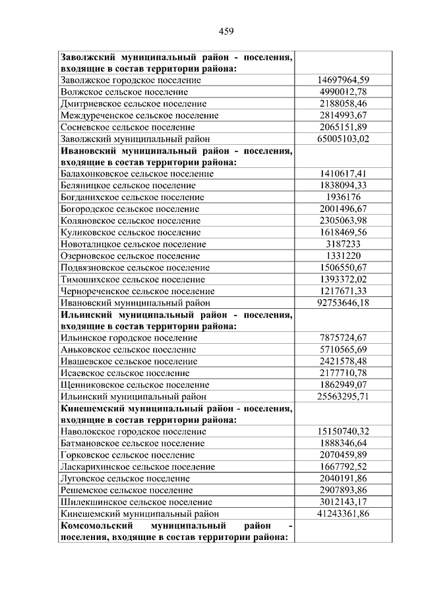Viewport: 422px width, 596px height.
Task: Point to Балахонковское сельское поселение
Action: pos(136,174)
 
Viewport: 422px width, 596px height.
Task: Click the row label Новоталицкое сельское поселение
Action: pos(133,244)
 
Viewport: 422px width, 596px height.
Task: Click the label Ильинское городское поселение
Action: pos(129,338)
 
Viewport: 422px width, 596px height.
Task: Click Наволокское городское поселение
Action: pos(133,431)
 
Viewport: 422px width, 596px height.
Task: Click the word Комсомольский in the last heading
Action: pos(94,525)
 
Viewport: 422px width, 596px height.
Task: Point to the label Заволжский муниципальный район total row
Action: pos(135,139)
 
